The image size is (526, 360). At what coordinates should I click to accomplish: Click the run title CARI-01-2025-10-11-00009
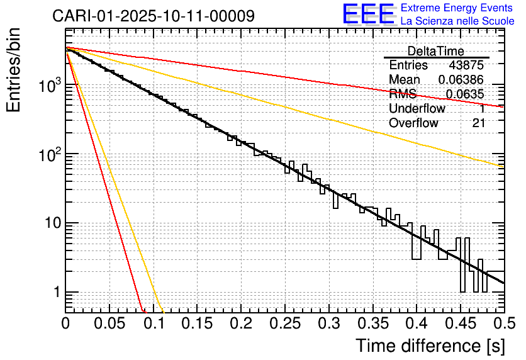[154, 16]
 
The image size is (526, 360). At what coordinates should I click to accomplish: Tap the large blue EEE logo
[369, 14]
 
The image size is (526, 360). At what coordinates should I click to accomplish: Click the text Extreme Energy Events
[457, 8]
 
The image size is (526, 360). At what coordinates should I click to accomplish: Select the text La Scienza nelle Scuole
[457, 21]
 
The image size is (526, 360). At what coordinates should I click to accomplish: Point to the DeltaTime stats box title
[436, 51]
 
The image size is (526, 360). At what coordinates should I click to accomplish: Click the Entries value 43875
[467, 65]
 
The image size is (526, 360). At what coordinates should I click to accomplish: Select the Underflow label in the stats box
[417, 109]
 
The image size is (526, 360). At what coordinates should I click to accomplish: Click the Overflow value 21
[479, 123]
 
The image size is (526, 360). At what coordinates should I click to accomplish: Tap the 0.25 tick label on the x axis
[285, 323]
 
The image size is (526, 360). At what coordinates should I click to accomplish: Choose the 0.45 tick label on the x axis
[461, 323]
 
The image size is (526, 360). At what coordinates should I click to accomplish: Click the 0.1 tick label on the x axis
[154, 323]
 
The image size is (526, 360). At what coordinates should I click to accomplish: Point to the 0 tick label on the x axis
[66, 323]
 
